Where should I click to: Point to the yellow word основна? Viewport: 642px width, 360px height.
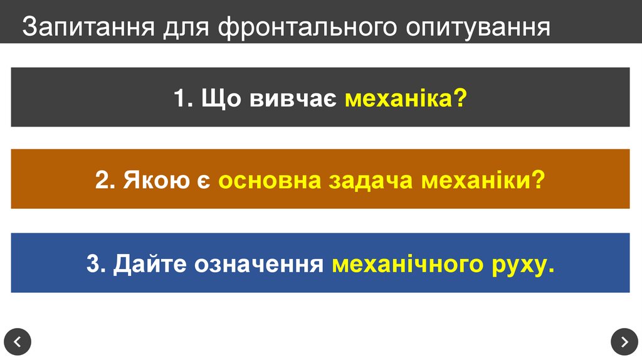271,181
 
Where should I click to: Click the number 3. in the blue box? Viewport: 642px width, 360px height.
96,264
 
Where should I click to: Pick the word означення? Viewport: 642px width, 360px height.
258,264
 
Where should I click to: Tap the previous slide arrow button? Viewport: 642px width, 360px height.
18,342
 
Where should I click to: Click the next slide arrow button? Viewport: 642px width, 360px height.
624,342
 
